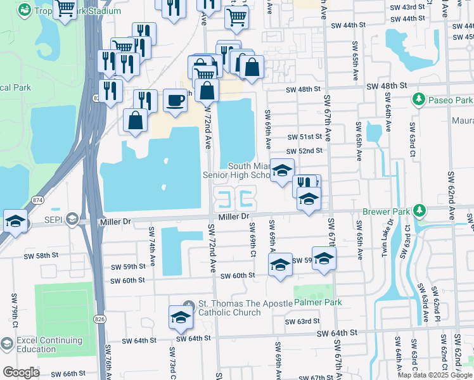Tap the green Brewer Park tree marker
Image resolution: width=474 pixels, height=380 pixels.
tap(418, 210)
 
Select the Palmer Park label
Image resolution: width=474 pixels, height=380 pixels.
tap(317, 303)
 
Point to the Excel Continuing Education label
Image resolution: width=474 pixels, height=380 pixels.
tap(36, 345)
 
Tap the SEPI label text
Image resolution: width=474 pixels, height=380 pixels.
tap(53, 219)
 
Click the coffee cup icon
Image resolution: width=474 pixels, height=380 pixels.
tap(175, 99)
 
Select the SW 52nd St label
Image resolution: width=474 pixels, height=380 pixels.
tap(304, 151)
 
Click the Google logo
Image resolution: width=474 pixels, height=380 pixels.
tap(21, 372)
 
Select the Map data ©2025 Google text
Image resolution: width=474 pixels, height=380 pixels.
tap(435, 375)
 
